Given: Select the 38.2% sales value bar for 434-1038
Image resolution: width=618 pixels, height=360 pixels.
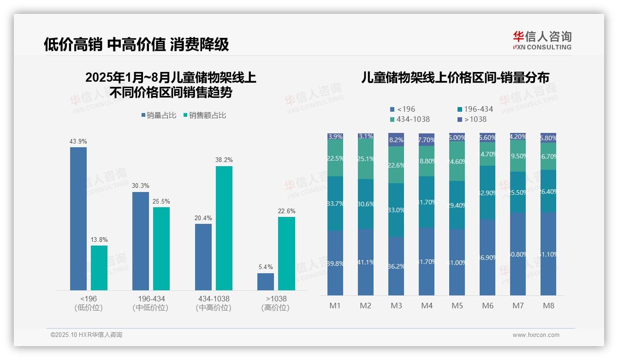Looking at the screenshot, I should coord(224,228).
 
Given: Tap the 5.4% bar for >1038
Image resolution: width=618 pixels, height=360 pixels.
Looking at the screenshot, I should coord(266,282).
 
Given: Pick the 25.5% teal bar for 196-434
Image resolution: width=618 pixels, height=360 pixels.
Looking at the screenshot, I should coord(161,248).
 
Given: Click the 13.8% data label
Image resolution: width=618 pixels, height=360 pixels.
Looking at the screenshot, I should coord(99,240).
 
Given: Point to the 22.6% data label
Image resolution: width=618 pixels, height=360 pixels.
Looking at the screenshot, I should coord(286,211).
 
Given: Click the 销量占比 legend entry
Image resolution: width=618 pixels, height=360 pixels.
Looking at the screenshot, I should coord(159,115).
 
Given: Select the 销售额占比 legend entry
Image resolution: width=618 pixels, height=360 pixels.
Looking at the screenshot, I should coord(205,115).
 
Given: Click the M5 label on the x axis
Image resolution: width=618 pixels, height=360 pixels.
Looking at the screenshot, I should coord(457,306).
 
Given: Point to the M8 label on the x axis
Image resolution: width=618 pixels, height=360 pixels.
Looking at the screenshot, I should coord(548,306).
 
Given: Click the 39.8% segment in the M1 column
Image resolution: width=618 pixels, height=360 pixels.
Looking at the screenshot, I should coord(335,263).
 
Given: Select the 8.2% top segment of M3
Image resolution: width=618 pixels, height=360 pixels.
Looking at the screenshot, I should coord(396,140).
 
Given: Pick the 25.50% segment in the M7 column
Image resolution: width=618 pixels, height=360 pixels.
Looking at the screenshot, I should coord(518,192).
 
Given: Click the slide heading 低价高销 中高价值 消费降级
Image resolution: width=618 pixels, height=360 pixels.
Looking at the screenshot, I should coord(136,45).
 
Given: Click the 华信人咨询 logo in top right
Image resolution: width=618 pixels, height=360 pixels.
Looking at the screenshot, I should coord(542,40).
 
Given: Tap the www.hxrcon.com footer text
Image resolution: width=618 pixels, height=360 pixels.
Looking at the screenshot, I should coord(535,335).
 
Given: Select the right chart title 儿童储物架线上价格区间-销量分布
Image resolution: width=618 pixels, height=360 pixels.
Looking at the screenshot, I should coord(455,78).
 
